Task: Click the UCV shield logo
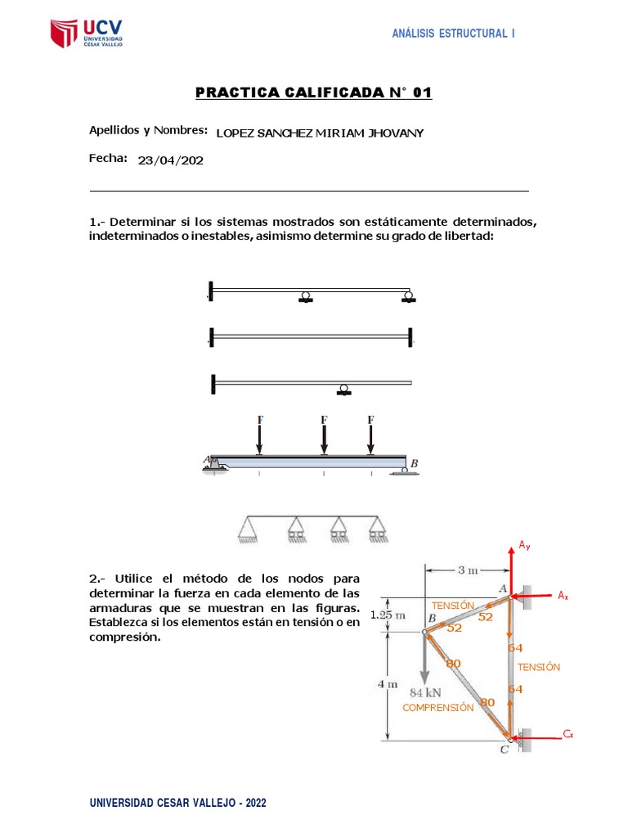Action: [x=65, y=34]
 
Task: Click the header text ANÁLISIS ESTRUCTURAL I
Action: [x=454, y=34]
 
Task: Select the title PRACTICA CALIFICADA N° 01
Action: [x=313, y=92]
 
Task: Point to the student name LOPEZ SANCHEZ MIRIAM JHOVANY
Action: [x=320, y=133]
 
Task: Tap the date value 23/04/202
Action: [x=171, y=160]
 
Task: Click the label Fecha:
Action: [x=108, y=158]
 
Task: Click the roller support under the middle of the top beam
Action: [x=305, y=297]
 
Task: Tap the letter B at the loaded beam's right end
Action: [x=415, y=464]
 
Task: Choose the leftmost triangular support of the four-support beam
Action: [x=247, y=531]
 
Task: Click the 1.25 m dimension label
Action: [x=388, y=615]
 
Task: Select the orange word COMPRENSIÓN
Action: [x=437, y=707]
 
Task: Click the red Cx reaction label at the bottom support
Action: [x=567, y=735]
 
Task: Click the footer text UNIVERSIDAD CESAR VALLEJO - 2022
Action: [x=177, y=804]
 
